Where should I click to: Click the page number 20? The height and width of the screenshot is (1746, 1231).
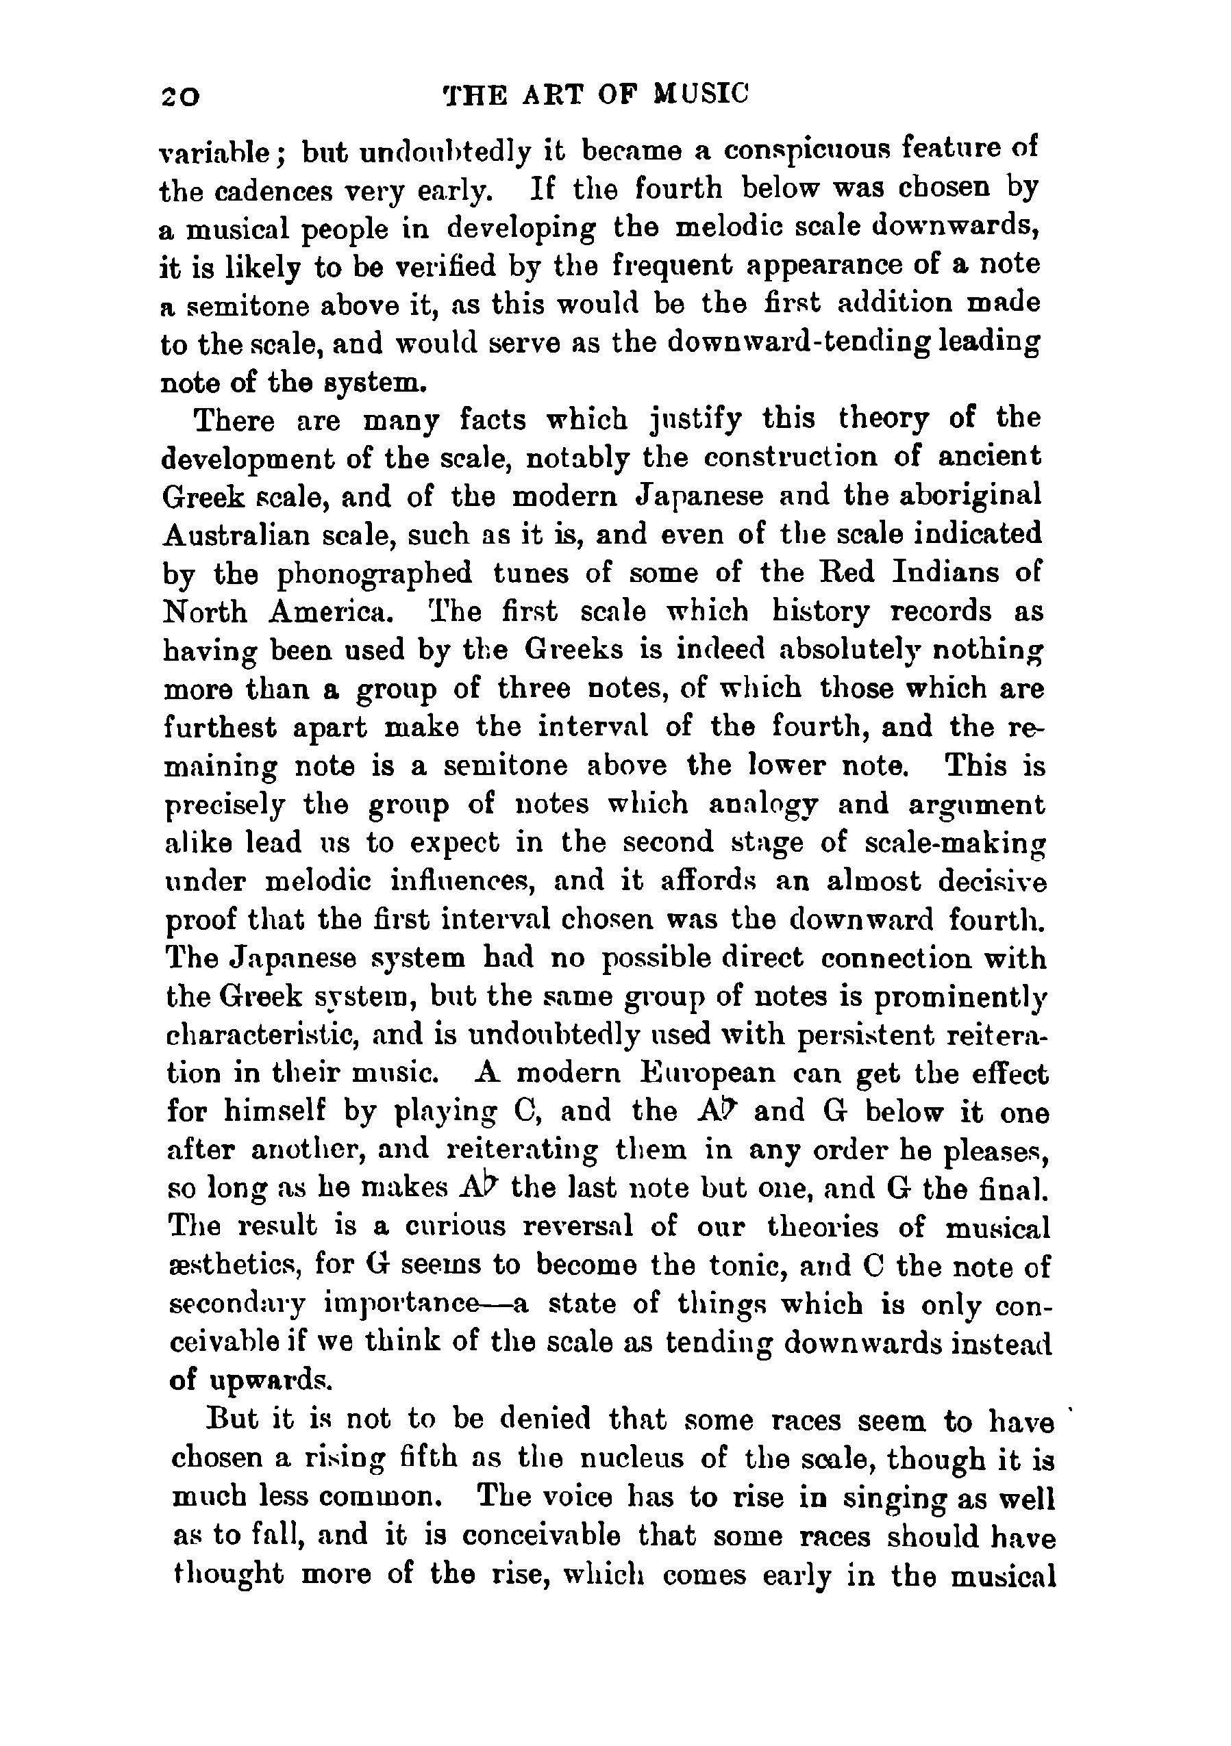pos(179,97)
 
